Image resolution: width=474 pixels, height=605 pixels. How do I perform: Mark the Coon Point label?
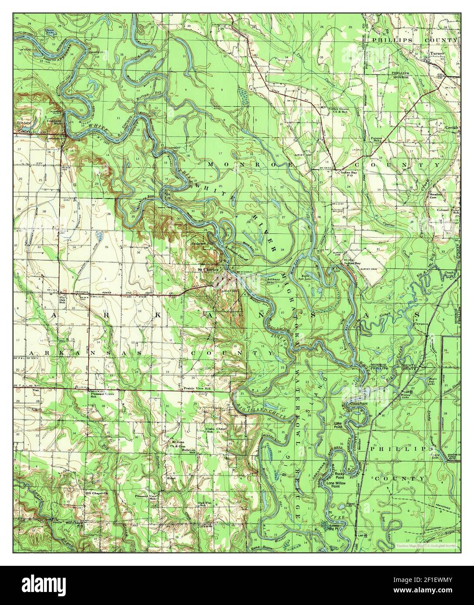[x=359, y=404]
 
